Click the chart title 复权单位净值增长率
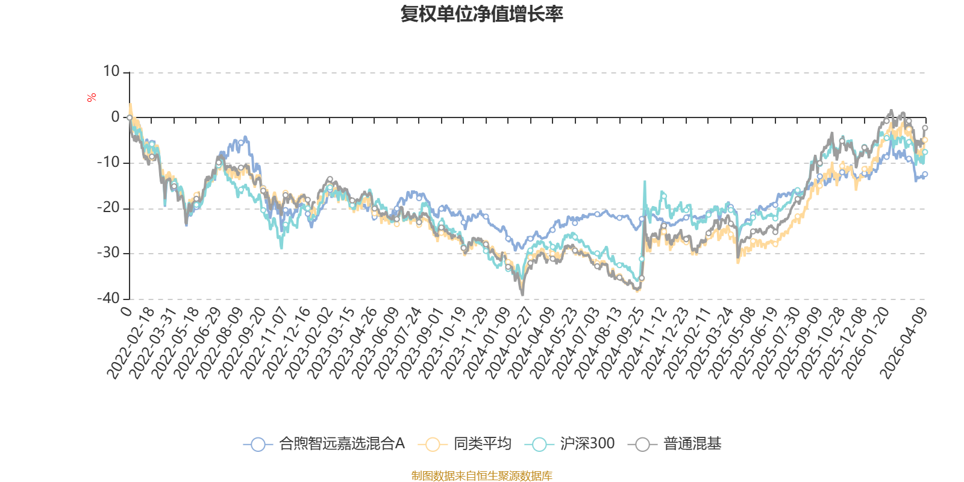(x=482, y=14)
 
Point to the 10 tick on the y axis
(x=111, y=72)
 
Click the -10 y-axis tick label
(x=108, y=163)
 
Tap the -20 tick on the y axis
(x=108, y=208)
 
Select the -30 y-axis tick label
(x=108, y=253)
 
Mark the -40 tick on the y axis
(x=108, y=298)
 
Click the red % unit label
(x=92, y=98)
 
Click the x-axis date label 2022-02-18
(x=131, y=343)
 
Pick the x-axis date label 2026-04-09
(x=903, y=343)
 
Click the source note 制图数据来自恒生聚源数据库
(x=482, y=476)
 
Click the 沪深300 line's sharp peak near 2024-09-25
(x=645, y=181)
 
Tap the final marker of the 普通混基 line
(x=925, y=128)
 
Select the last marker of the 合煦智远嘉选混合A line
(x=925, y=174)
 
